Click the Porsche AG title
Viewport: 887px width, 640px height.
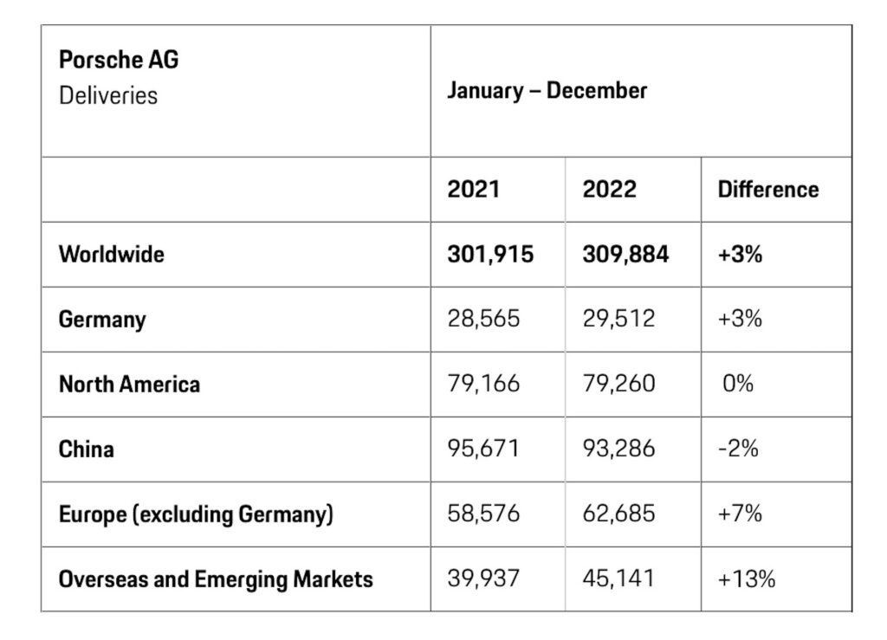click(119, 61)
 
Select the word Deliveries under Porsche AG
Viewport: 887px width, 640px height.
click(108, 94)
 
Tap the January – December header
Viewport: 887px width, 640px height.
click(547, 91)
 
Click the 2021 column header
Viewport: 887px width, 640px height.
click(473, 189)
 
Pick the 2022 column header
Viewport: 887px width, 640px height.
click(609, 189)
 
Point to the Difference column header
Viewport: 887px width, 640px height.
click(767, 189)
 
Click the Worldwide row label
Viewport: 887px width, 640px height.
click(111, 254)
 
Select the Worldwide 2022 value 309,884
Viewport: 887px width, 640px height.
click(625, 254)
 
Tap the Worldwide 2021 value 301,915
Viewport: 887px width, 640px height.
click(490, 254)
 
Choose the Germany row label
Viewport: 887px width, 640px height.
click(102, 319)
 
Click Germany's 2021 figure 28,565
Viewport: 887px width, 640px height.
click(483, 319)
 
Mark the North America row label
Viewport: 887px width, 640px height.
click(129, 384)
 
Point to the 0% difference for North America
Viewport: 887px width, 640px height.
click(738, 384)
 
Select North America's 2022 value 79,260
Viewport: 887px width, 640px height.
click(618, 384)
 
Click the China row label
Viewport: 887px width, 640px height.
click(86, 449)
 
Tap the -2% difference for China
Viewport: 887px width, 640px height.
click(739, 449)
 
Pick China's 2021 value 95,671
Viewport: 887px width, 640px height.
click(483, 449)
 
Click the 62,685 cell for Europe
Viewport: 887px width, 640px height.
click(618, 514)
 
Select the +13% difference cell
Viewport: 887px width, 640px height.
click(746, 579)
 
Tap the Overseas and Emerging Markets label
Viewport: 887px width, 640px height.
click(216, 579)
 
